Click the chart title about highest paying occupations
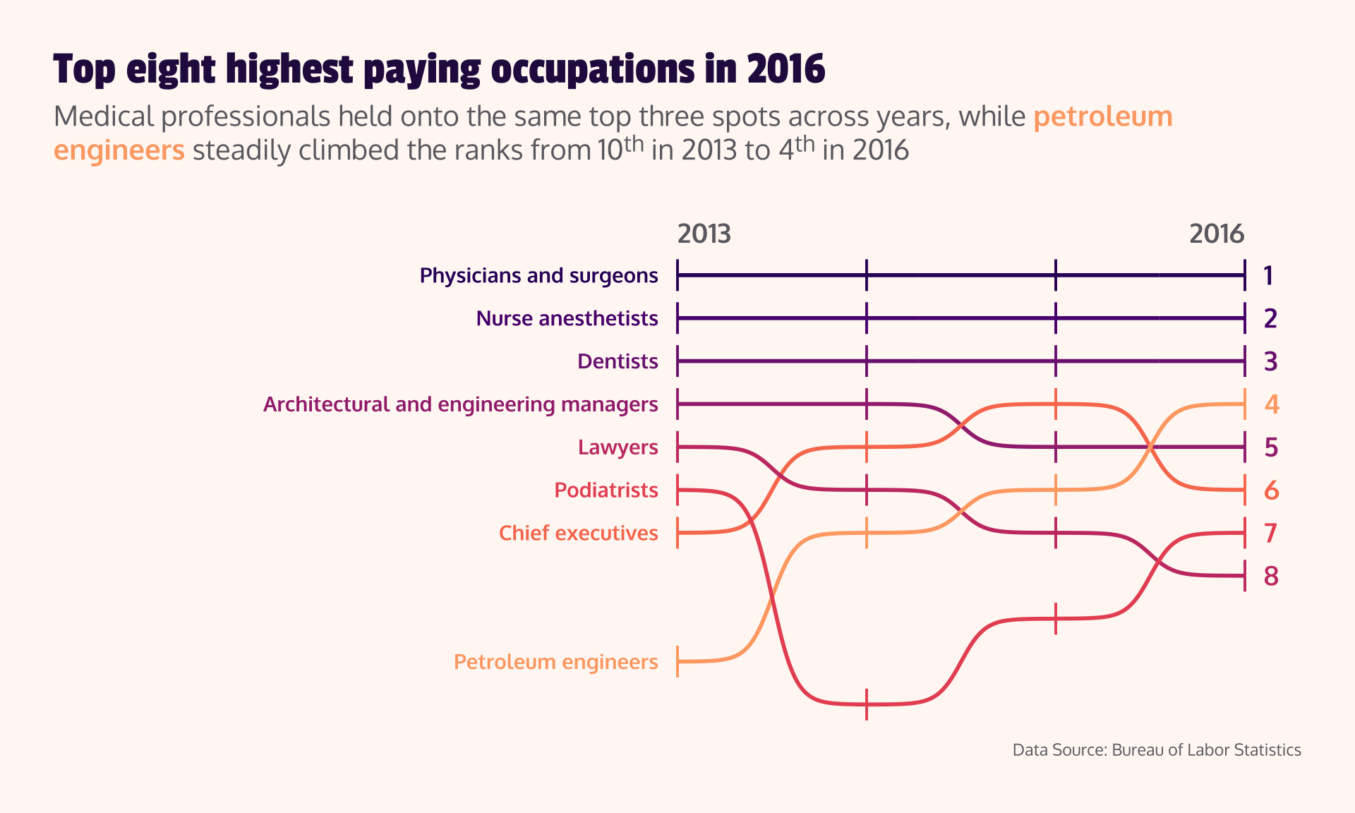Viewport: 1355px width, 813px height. coord(439,69)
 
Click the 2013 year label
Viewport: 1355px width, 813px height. coord(704,234)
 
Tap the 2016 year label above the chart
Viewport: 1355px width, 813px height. coord(1216,234)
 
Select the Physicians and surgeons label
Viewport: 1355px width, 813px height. coord(538,275)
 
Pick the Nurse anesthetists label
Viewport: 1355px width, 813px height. coord(567,318)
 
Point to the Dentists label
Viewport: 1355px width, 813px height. coord(618,361)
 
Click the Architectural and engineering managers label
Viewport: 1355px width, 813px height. coord(460,404)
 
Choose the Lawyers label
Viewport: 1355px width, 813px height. coord(618,447)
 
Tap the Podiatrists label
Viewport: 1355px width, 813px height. coord(606,490)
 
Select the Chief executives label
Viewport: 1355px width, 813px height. coord(578,533)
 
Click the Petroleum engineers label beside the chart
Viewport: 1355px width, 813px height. coord(555,662)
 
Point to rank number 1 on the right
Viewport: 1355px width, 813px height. coord(1268,276)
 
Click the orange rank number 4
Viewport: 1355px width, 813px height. coord(1271,404)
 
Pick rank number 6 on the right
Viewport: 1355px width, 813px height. coord(1271,490)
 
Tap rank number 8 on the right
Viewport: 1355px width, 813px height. coord(1271,577)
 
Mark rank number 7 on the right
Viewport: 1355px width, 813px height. coord(1271,534)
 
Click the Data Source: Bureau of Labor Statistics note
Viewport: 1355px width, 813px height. coord(1156,749)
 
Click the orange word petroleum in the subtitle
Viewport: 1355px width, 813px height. coord(1102,116)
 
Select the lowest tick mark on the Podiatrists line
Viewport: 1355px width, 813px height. coord(867,704)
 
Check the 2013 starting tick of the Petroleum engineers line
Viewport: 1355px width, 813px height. coord(677,662)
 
